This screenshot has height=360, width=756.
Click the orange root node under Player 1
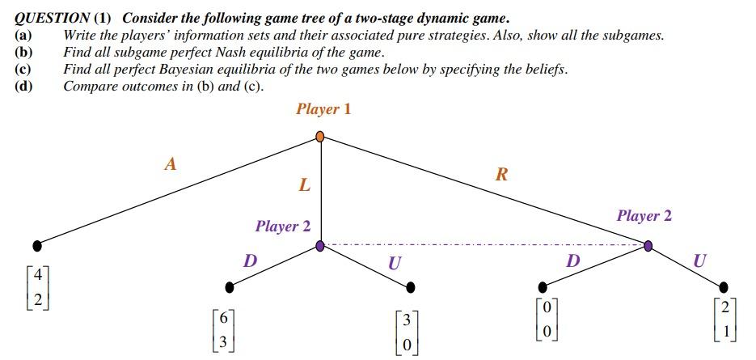click(320, 137)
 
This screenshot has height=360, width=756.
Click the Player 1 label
click(323, 109)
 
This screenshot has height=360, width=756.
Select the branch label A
click(170, 164)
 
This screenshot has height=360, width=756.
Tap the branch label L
click(304, 185)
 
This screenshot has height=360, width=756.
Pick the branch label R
click(500, 175)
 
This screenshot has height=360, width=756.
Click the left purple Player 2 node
click(320, 245)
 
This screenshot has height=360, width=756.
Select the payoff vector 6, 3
click(222, 329)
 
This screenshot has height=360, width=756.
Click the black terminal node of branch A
click(36, 244)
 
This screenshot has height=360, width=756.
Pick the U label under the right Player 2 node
click(699, 260)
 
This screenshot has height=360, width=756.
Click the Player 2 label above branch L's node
click(283, 227)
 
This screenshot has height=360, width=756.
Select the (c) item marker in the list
click(23, 70)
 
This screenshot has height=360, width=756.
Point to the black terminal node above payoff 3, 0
click(411, 286)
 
